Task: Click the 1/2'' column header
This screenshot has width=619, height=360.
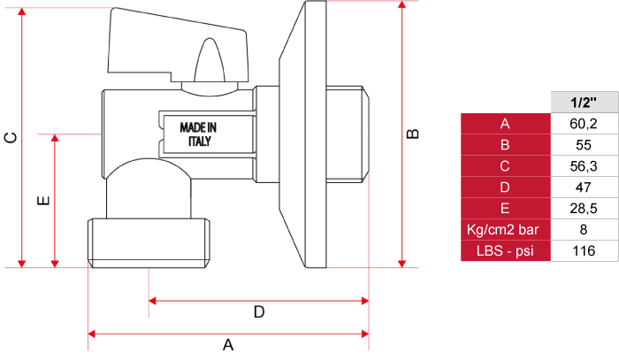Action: [584, 103]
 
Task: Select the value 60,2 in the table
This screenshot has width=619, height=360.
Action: [584, 124]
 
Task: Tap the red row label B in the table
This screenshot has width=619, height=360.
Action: [505, 145]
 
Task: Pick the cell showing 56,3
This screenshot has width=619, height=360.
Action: [584, 166]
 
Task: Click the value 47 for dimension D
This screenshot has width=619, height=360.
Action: [584, 188]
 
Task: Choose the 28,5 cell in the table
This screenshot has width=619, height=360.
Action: [584, 209]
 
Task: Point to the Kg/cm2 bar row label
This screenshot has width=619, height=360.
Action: [502, 229]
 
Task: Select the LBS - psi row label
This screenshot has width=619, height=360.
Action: [505, 250]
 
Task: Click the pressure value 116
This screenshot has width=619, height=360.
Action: [584, 250]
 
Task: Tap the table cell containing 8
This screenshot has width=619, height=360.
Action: [584, 229]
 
